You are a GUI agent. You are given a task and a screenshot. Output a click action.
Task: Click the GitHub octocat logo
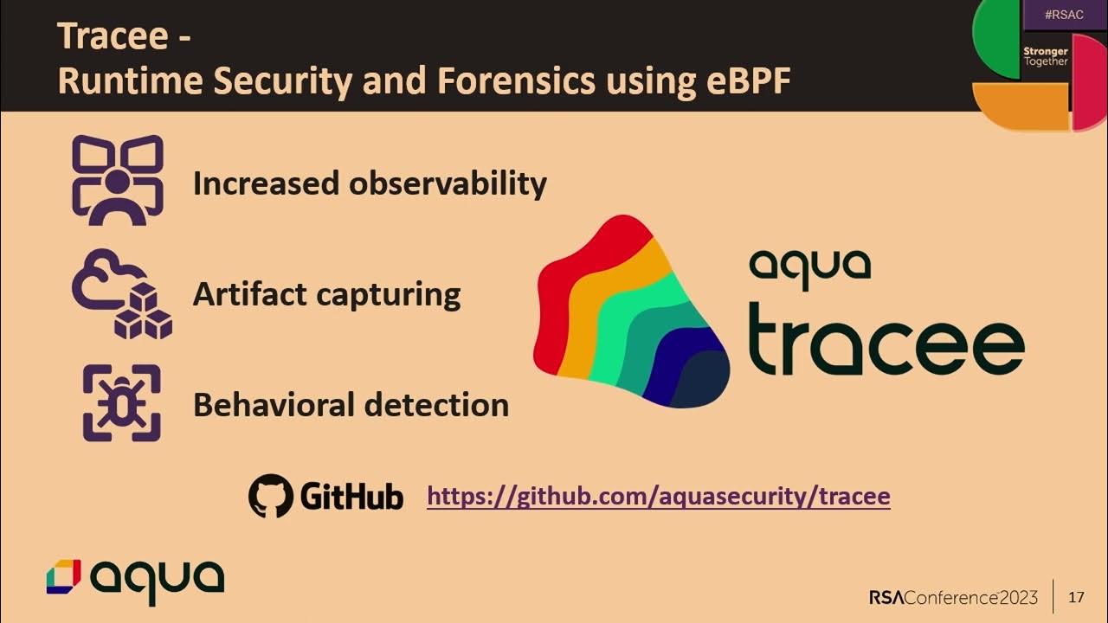pos(271,496)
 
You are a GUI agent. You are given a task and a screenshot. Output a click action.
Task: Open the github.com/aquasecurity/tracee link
pos(658,497)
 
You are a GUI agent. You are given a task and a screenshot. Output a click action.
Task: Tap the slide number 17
pos(1076,597)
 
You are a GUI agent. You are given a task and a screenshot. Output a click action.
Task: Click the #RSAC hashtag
pos(1064,15)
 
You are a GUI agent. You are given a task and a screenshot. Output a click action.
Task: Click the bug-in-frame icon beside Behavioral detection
pos(121,403)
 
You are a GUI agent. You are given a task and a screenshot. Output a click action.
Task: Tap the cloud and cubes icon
pos(121,294)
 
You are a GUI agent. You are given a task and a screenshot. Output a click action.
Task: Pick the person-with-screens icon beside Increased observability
pos(117,180)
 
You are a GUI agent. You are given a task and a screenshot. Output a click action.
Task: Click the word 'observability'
pos(448,183)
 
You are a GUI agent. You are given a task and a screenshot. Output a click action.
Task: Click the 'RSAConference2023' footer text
pos(953,597)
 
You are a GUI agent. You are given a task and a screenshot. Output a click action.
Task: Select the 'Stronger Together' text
pos(1046,56)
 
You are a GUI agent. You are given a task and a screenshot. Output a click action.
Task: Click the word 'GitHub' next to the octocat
pos(351,497)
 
